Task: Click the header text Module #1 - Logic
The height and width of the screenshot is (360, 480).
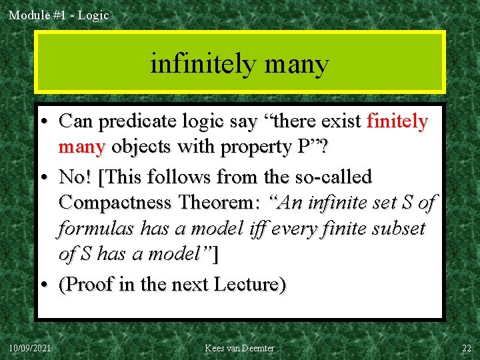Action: pyautogui.click(x=59, y=15)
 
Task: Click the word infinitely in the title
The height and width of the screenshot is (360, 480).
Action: pyautogui.click(x=203, y=64)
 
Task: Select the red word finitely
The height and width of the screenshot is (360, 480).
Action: pyautogui.click(x=397, y=121)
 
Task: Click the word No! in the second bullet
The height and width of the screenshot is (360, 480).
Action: pyautogui.click(x=75, y=178)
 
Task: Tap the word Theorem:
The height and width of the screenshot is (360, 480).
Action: pyautogui.click(x=225, y=203)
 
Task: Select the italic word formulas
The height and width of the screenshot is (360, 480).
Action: pyautogui.click(x=95, y=229)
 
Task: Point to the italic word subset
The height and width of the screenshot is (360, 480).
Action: pyautogui.click(x=399, y=229)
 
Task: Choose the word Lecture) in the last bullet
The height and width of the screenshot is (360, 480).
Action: pyautogui.click(x=249, y=285)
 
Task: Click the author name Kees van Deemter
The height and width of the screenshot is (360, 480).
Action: pyautogui.click(x=239, y=348)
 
